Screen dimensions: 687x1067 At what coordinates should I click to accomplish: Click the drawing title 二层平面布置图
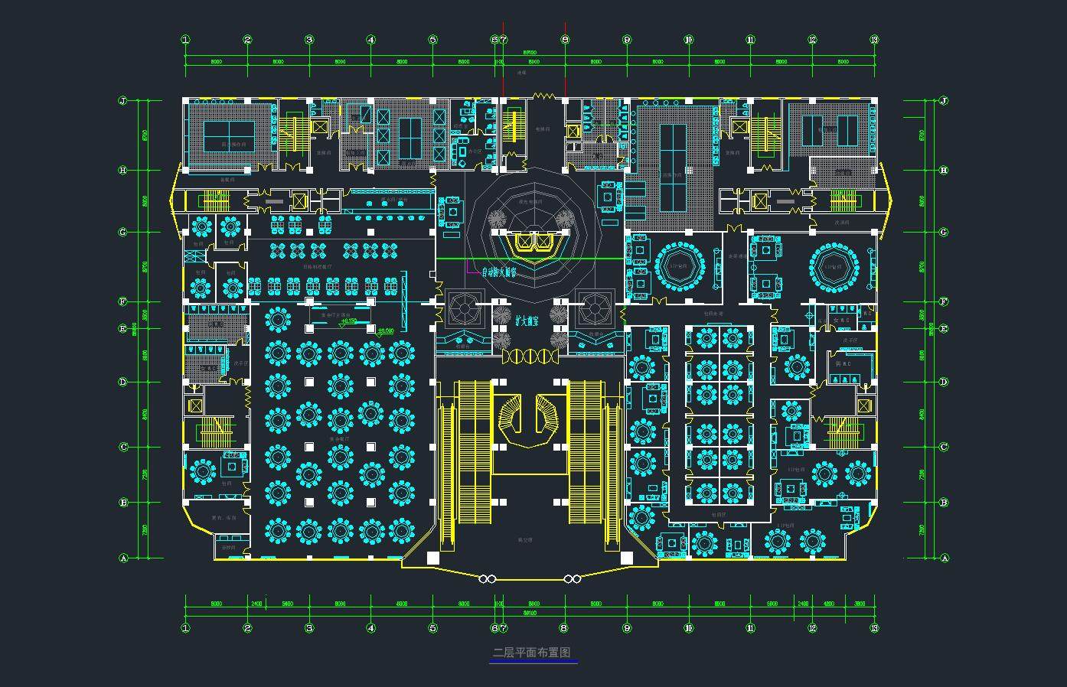point(532,653)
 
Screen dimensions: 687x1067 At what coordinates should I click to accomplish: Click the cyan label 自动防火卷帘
point(498,272)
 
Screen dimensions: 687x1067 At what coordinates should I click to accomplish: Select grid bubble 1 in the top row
point(185,40)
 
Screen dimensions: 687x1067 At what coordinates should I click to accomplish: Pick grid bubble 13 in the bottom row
point(875,628)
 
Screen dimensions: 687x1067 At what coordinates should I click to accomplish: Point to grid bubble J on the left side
point(122,101)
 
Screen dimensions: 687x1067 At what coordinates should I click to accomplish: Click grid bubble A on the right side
point(944,558)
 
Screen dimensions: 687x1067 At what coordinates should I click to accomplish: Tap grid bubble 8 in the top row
point(565,40)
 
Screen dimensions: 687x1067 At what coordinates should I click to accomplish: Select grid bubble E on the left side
point(122,329)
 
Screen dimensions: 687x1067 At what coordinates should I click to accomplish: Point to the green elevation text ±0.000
point(385,331)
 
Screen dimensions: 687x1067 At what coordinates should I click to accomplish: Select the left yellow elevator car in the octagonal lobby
point(524,243)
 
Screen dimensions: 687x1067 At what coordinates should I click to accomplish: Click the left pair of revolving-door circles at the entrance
point(488,579)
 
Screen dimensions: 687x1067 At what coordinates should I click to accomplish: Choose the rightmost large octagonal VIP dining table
point(833,267)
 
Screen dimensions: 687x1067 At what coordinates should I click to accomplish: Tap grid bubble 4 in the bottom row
point(371,628)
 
